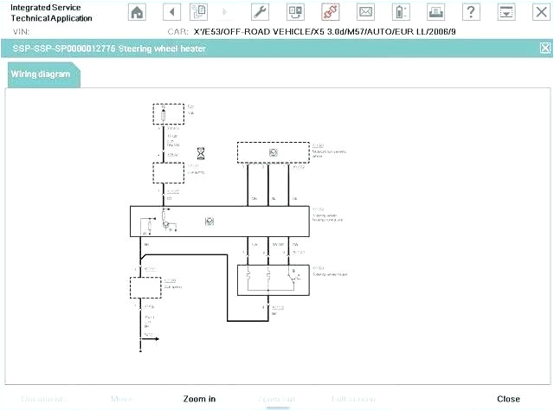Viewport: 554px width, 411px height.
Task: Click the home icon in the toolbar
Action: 137,12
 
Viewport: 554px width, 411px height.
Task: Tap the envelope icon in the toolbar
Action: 366,12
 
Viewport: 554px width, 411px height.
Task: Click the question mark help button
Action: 470,12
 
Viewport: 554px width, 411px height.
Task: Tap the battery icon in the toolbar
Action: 400,12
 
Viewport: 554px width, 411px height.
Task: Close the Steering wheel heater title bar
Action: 544,48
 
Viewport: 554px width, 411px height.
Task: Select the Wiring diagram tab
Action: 42,74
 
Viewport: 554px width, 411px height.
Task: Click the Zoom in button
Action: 199,399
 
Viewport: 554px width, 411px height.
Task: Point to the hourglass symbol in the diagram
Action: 202,153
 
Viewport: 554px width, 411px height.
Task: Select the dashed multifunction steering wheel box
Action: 273,151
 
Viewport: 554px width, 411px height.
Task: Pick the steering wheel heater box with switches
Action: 273,278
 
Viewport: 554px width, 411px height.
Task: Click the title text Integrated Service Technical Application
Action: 47,12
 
